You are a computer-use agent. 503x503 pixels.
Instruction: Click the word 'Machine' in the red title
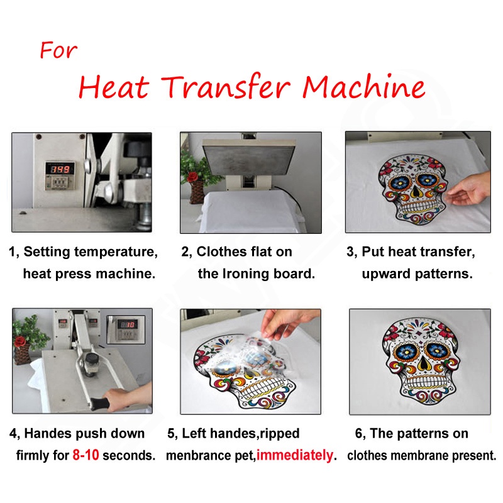tap(364, 86)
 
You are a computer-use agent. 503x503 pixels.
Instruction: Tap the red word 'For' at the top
tap(58, 50)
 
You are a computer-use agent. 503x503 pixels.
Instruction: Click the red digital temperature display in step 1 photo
tap(60, 169)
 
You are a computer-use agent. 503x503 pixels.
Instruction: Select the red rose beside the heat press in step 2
tap(192, 177)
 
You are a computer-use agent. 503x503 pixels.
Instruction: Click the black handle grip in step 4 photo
tap(99, 403)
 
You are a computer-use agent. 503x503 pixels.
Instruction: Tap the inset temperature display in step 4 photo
tap(126, 329)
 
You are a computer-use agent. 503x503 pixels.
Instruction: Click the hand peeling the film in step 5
tap(285, 323)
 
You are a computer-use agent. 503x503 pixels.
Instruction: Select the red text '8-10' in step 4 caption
tap(86, 455)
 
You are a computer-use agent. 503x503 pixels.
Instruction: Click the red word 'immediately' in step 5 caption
tap(295, 455)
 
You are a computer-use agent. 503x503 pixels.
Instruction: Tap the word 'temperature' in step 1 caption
tap(116, 252)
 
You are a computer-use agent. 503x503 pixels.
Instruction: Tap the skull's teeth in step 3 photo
tap(418, 206)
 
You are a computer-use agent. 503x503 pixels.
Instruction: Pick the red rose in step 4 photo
tap(20, 341)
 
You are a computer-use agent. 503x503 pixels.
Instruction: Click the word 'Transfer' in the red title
tap(226, 86)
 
